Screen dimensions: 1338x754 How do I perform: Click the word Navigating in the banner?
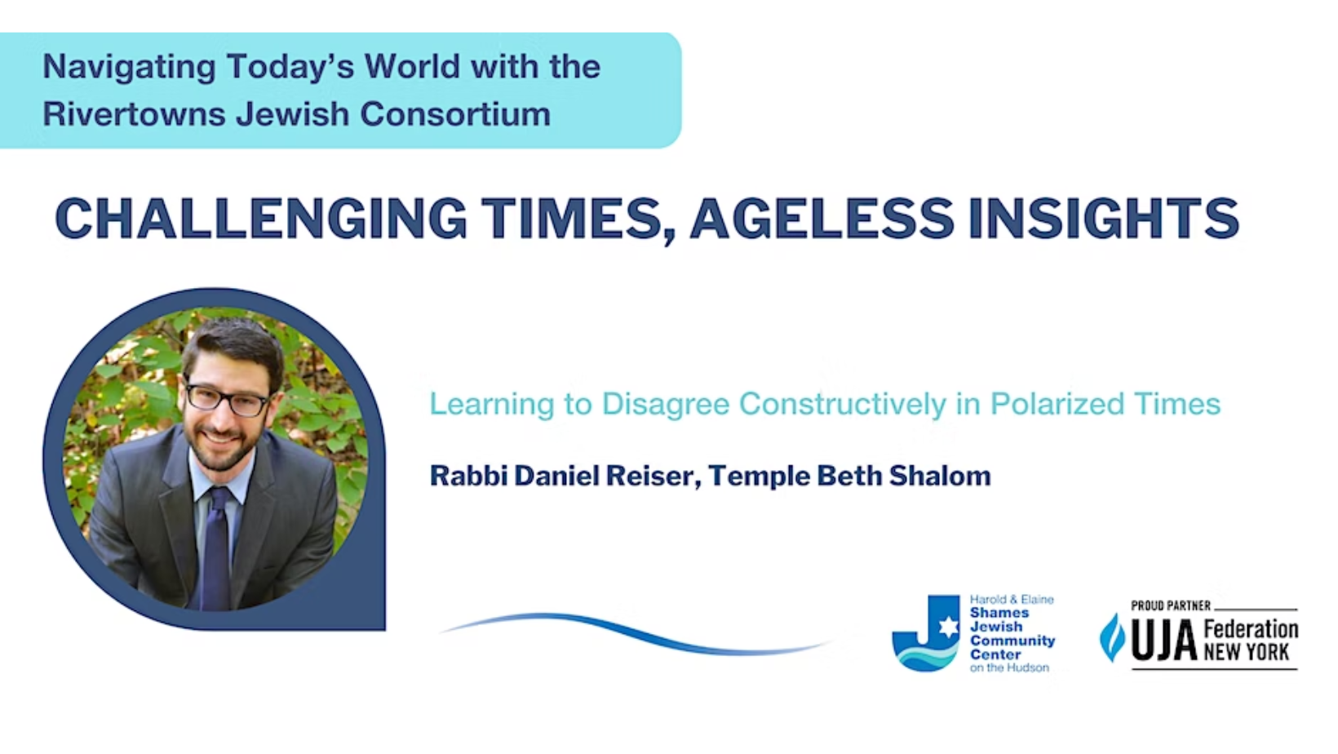coord(129,68)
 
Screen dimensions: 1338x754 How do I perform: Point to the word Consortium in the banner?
coord(455,113)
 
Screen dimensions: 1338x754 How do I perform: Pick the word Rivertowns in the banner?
coord(135,113)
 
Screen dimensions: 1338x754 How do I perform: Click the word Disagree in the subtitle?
coord(666,405)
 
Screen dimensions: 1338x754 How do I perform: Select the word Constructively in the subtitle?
coord(843,405)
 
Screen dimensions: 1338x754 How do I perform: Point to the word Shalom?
coord(940,477)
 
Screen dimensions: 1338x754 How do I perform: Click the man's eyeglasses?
coord(227,398)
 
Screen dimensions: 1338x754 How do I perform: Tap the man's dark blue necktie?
coord(216,547)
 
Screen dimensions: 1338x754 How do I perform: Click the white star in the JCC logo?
coord(948,628)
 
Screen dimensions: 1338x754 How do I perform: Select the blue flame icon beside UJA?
coord(1112,637)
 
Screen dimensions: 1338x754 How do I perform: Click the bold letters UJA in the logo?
coord(1163,640)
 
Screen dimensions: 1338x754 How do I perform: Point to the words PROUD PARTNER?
coord(1171,605)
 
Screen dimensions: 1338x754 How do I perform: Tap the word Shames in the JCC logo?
coord(999,613)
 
